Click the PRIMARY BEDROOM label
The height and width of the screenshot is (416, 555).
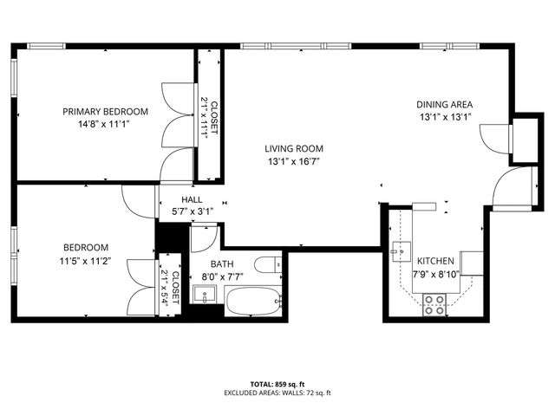105,111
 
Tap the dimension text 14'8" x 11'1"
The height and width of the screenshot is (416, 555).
105,124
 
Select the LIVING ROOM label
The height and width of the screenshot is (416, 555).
294,148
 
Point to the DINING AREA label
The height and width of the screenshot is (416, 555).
445,105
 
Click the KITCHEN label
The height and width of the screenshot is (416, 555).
434,261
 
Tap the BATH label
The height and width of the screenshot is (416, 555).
221,264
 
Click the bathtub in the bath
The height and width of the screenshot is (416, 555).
253,304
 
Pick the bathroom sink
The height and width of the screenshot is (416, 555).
206,296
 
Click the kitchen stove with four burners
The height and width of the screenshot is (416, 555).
434,302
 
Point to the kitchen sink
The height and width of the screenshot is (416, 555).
400,253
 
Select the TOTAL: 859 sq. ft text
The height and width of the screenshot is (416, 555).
277,383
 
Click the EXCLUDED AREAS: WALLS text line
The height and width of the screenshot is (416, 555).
277,393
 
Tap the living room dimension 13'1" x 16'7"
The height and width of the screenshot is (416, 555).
294,161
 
